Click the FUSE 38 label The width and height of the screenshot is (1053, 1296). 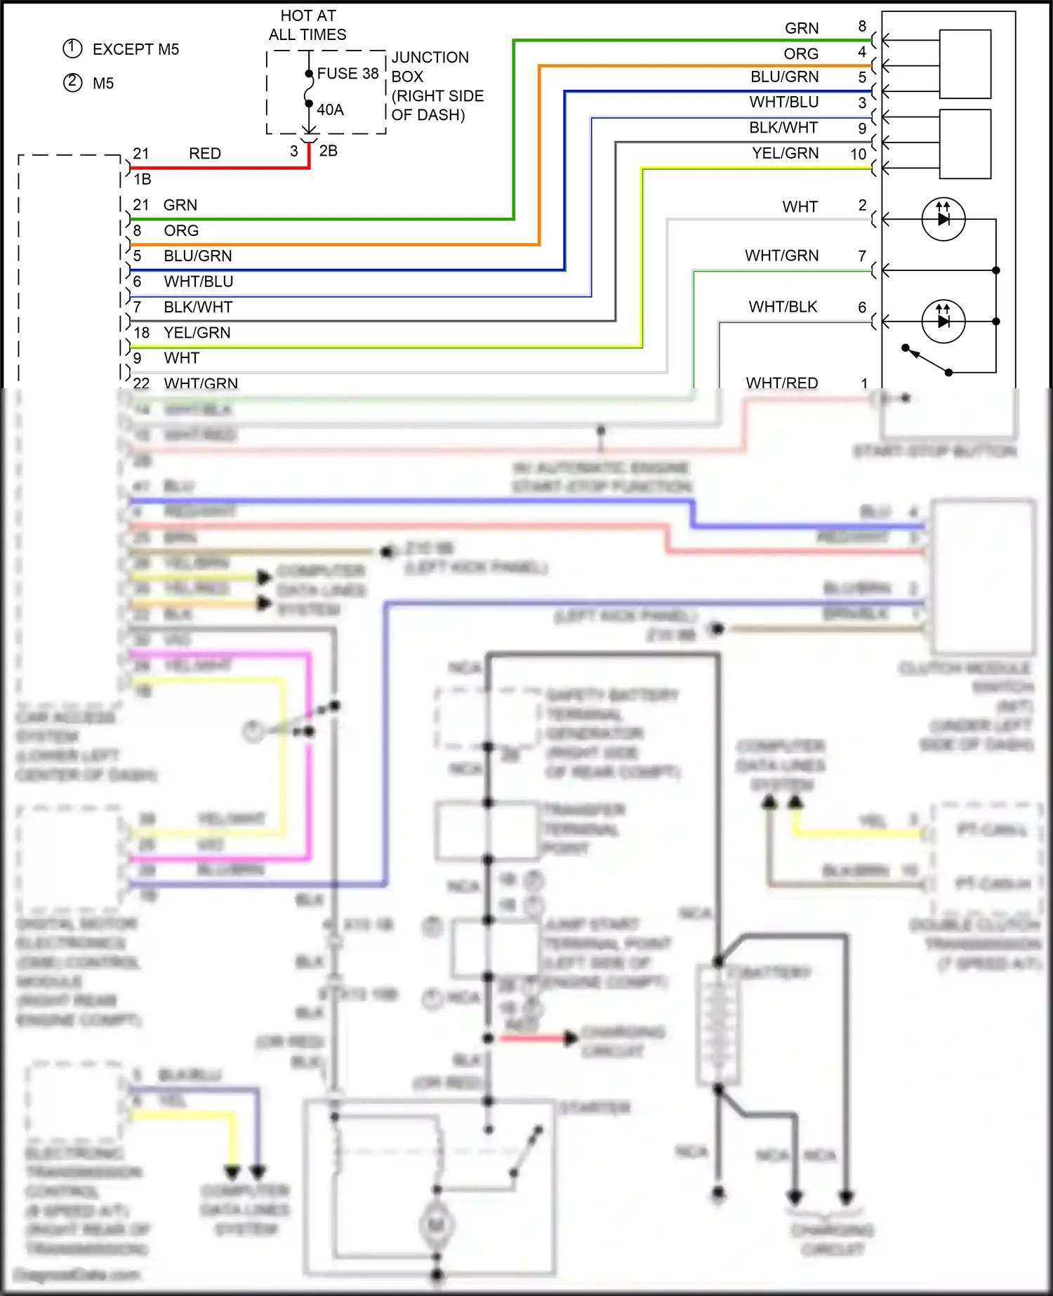[x=347, y=74]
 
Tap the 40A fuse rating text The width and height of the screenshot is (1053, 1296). [x=330, y=110]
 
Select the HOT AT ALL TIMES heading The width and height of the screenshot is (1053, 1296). [x=307, y=25]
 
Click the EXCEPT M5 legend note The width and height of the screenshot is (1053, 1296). [x=135, y=49]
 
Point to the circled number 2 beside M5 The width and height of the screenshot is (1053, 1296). [x=73, y=83]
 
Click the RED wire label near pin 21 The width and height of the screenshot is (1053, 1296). [x=204, y=154]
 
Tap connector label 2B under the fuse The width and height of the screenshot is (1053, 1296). [x=328, y=151]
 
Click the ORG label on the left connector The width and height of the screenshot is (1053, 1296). [x=181, y=231]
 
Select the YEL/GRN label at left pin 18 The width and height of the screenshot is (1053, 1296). [x=197, y=333]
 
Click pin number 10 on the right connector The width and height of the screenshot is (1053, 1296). [x=858, y=154]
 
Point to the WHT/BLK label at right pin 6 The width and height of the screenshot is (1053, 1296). [x=783, y=307]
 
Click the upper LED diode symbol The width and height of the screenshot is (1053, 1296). [x=943, y=219]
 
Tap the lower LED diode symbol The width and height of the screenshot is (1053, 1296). [x=943, y=322]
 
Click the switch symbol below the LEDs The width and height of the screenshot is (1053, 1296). [x=927, y=360]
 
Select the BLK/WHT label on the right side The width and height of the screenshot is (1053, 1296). [x=783, y=128]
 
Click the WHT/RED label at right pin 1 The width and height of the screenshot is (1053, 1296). [x=781, y=383]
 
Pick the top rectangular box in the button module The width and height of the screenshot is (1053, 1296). [x=965, y=64]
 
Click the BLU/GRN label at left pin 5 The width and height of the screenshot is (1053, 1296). [x=197, y=256]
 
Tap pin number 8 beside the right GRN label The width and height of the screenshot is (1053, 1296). [x=862, y=27]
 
